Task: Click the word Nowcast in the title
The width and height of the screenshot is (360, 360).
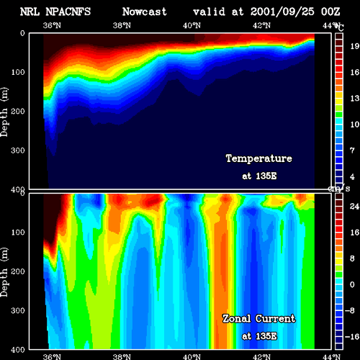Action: (145, 12)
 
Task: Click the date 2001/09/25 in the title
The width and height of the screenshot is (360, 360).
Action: (282, 12)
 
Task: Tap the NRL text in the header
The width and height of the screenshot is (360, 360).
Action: (30, 12)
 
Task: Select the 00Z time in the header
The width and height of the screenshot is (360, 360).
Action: (330, 12)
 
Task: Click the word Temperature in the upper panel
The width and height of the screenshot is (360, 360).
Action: (259, 158)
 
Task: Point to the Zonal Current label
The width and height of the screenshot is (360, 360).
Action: (258, 318)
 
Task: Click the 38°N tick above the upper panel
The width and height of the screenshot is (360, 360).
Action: (122, 25)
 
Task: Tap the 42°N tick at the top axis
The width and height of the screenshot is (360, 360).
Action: (261, 25)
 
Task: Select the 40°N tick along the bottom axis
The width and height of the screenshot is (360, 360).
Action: (192, 356)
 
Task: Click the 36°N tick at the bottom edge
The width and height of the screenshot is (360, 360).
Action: (52, 356)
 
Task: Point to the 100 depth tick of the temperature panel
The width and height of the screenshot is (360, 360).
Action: (18, 72)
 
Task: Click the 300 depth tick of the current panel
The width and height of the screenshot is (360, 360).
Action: (18, 310)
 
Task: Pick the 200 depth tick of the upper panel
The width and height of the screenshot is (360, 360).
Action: (18, 112)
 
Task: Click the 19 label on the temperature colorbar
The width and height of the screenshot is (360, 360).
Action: (354, 46)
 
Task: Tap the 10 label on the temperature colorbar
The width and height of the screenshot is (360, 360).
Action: (354, 125)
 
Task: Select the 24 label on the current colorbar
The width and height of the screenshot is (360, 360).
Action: (354, 206)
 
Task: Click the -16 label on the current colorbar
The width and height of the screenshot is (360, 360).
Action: (352, 336)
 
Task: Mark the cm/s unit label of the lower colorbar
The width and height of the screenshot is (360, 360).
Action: (339, 189)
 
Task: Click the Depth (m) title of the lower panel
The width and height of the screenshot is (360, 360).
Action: (4, 272)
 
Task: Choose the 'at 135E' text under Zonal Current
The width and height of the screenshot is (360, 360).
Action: (259, 336)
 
